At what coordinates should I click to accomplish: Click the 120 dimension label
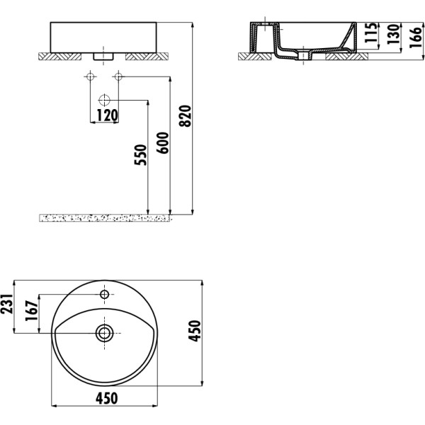(x=107, y=115)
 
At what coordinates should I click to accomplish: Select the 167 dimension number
(x=30, y=312)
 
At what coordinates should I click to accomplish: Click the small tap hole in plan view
(x=105, y=294)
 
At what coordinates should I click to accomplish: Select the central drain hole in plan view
(x=105, y=331)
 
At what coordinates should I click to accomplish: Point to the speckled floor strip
(x=106, y=217)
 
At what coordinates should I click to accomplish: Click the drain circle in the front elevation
(x=105, y=98)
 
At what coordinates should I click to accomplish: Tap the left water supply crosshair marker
(x=91, y=76)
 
